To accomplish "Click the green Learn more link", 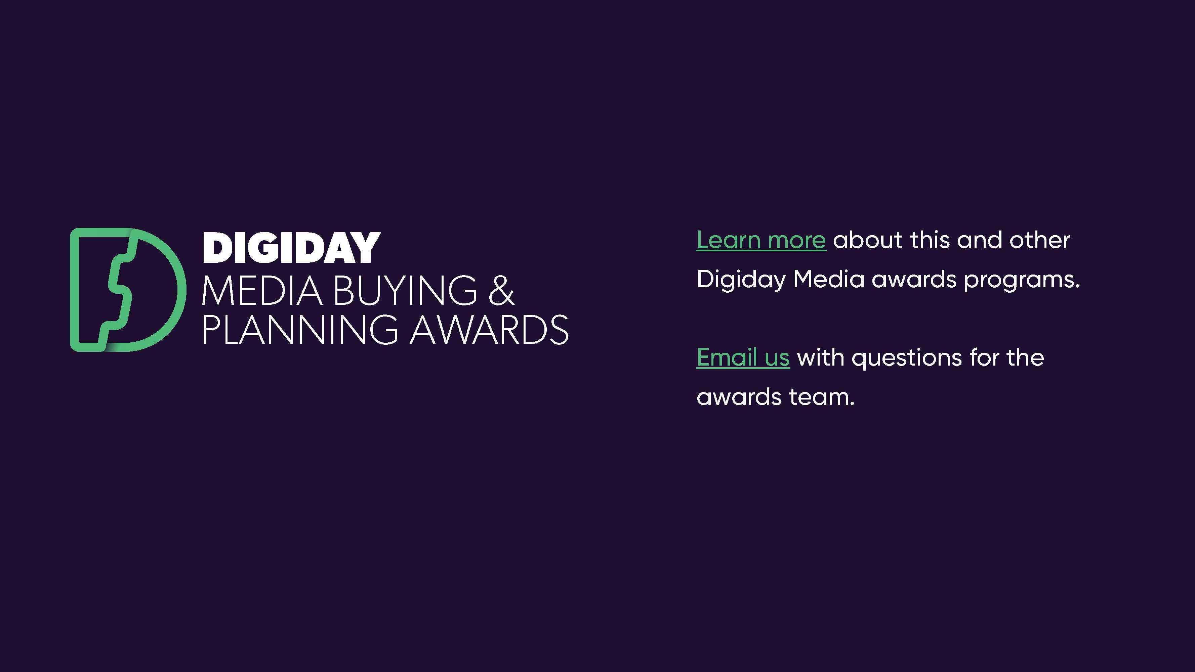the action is tap(761, 241).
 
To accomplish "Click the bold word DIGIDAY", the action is tap(291, 248).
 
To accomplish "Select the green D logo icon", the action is tap(128, 290).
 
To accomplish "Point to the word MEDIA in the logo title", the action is tap(262, 291).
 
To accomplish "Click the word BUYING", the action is tap(405, 291).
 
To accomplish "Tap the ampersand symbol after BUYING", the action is tap(501, 291).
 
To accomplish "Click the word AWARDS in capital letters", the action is tap(489, 329).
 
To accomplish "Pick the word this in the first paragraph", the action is tap(929, 240).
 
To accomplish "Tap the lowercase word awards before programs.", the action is tap(914, 280).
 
